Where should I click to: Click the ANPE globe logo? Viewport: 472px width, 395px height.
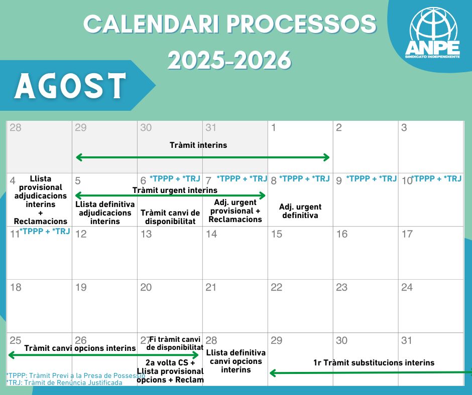[x=432, y=33]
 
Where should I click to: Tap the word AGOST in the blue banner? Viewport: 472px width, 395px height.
[x=70, y=86]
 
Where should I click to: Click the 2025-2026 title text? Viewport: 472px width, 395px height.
[x=229, y=60]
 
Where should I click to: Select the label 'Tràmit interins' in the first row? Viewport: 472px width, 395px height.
[x=198, y=145]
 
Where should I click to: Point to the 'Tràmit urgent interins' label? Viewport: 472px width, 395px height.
[x=175, y=190]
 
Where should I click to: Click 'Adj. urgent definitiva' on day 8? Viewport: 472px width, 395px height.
[x=300, y=211]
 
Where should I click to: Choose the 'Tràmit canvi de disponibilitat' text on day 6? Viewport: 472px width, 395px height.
[x=170, y=217]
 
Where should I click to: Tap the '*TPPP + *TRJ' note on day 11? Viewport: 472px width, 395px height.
[x=45, y=231]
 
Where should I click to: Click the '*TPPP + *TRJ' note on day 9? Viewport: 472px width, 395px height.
[x=372, y=178]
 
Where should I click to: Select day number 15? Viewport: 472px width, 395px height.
[x=277, y=234]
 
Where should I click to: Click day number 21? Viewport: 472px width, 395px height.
[x=211, y=287]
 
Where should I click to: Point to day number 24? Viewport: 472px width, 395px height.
[x=407, y=287]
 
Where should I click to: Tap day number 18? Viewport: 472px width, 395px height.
[x=16, y=287]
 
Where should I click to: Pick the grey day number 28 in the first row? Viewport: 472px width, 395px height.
[x=16, y=127]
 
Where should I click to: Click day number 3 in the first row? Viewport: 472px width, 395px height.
[x=404, y=127]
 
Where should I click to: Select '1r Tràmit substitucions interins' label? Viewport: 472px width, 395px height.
[x=374, y=363]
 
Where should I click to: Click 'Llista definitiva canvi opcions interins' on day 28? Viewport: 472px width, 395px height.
[x=235, y=361]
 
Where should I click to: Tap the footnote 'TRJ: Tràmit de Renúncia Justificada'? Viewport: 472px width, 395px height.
[x=64, y=382]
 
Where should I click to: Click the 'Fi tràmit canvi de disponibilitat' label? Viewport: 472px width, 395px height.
[x=175, y=343]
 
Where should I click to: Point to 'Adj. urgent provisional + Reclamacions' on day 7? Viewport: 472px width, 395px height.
[x=235, y=211]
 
